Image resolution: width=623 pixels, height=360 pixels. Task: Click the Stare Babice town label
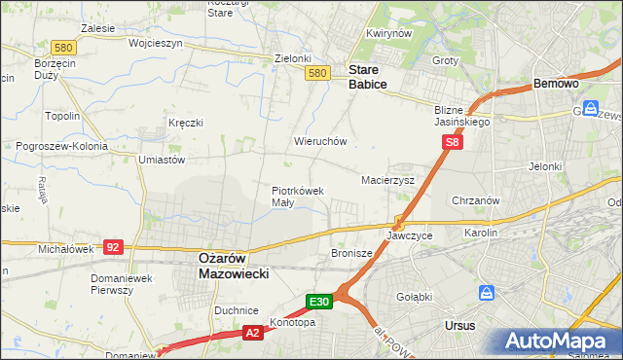coord(368,77)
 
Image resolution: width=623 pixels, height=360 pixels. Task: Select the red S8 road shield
coord(452,142)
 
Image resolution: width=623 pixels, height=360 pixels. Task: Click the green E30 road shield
coord(320,302)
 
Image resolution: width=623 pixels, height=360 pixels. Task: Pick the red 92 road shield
coord(113,248)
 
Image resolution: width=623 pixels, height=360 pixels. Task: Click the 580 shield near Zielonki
coord(316,73)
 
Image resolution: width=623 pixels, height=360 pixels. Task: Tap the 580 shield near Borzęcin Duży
coord(37,47)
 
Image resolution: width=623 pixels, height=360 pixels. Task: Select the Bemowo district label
coord(556,85)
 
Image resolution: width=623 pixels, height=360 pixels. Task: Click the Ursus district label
coord(459,326)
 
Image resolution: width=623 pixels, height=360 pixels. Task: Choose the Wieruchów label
coord(320,141)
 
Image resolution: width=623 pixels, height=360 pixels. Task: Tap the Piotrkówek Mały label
coord(297,197)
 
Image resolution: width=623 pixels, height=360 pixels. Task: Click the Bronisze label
coord(352,253)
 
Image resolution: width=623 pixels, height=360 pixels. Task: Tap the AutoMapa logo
coord(557,341)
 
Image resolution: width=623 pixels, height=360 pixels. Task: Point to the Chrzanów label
coord(476,200)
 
